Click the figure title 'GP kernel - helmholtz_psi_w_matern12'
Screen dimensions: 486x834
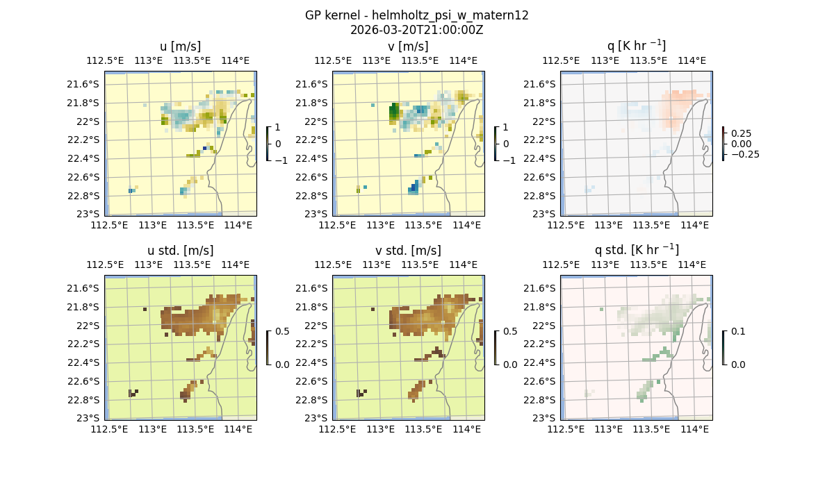tap(417, 15)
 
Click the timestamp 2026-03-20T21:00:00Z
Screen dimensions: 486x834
tap(417, 30)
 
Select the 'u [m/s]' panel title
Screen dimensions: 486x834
tap(181, 47)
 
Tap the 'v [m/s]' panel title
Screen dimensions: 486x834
tap(409, 47)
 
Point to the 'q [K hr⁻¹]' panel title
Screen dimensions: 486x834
tap(636, 47)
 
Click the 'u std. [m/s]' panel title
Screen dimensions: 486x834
tap(181, 251)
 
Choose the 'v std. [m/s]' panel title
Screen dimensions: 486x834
tap(409, 251)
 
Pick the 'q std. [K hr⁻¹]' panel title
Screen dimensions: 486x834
tap(636, 251)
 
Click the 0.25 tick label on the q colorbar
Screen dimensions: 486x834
tap(743, 133)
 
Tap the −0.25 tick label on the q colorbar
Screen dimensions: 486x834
tap(744, 154)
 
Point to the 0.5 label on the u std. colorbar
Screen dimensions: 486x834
tap(282, 331)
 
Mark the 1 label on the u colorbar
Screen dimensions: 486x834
tap(277, 127)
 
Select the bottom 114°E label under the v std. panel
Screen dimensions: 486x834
tap(467, 430)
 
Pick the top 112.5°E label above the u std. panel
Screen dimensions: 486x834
tap(106, 265)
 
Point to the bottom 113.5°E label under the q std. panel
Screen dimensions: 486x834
tap(651, 430)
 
